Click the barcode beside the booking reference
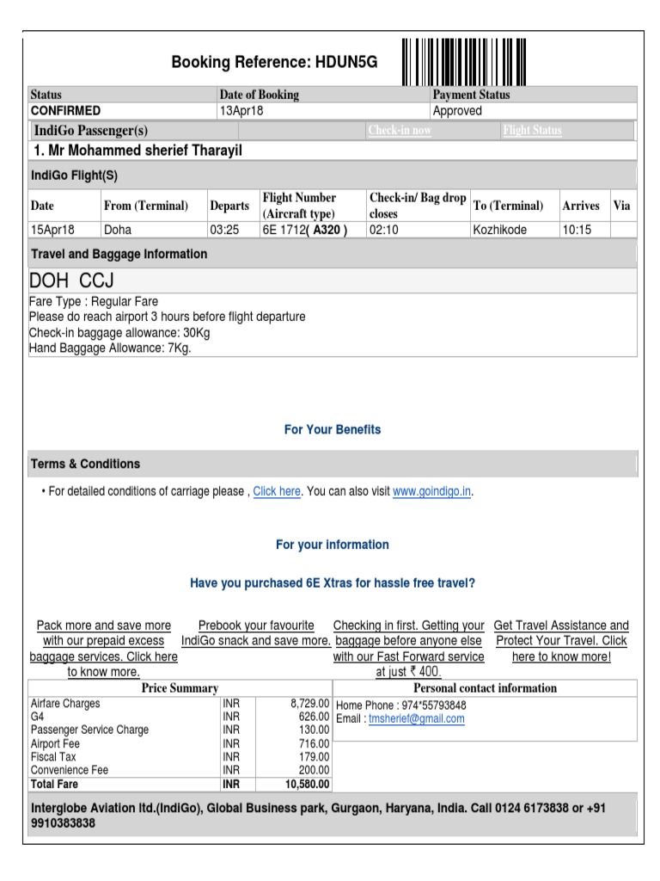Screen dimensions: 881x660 click(x=464, y=61)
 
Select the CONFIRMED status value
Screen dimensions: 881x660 click(x=65, y=111)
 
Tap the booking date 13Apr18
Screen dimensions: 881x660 click(x=242, y=111)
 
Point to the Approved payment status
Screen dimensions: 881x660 click(x=457, y=111)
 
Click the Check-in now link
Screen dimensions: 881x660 click(x=400, y=131)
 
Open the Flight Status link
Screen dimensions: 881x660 click(x=532, y=131)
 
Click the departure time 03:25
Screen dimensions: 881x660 click(x=224, y=231)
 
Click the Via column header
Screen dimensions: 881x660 click(x=621, y=206)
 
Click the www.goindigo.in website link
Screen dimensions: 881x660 click(x=432, y=492)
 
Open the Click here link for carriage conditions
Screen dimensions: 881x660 click(x=277, y=492)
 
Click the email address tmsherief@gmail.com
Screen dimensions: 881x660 click(x=416, y=719)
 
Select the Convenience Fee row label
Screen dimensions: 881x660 click(x=70, y=771)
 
